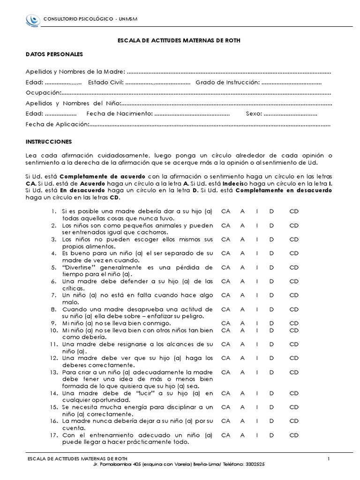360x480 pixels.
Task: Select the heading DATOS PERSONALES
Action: coord(54,54)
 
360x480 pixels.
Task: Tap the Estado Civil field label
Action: coord(105,82)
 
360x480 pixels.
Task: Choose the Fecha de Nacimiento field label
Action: coord(120,113)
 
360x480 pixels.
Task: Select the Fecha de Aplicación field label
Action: coord(57,124)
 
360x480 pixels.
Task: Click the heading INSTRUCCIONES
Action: coord(49,141)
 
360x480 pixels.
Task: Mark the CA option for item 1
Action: coord(226,211)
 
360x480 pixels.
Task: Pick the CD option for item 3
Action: coord(294,239)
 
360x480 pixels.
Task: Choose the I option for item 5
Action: coord(257,267)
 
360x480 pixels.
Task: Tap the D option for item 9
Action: coord(271,323)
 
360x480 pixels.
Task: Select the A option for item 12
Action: coord(242,358)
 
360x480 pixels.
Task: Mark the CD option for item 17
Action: coord(294,435)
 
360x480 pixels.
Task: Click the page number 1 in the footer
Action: coord(329,458)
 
